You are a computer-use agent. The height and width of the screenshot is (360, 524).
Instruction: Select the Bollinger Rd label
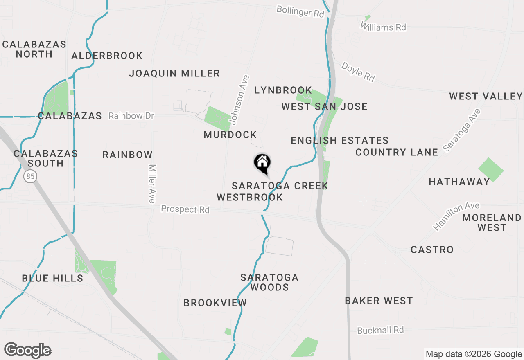pos(300,11)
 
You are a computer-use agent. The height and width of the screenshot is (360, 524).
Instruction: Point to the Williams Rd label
pos(384,27)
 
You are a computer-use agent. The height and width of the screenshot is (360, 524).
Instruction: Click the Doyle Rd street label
pos(358,72)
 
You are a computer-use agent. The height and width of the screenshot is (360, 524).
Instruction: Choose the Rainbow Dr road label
pos(131,116)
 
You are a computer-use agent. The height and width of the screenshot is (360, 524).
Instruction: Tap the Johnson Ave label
pos(239,99)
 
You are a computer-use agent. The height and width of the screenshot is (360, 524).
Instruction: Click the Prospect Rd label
pos(185,209)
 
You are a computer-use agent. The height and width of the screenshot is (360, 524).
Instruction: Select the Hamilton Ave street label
pos(456,216)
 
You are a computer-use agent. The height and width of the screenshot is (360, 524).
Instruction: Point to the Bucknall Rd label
pos(380,330)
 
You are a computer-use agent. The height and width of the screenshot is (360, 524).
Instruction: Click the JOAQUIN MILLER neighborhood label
pos(174,74)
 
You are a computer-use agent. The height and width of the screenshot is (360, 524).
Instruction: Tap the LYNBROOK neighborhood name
pos(283,90)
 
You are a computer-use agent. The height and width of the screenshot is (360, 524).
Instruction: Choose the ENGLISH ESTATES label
pos(339,141)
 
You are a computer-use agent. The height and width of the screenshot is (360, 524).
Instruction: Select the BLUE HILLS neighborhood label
pos(52,279)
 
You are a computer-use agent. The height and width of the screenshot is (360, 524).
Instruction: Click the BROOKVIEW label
pos(215,303)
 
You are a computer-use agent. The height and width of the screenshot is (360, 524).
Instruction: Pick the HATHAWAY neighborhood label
pos(459,182)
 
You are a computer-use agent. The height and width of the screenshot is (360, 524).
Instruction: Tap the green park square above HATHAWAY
pos(491,169)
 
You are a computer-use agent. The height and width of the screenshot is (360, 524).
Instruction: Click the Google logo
pos(27,351)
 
